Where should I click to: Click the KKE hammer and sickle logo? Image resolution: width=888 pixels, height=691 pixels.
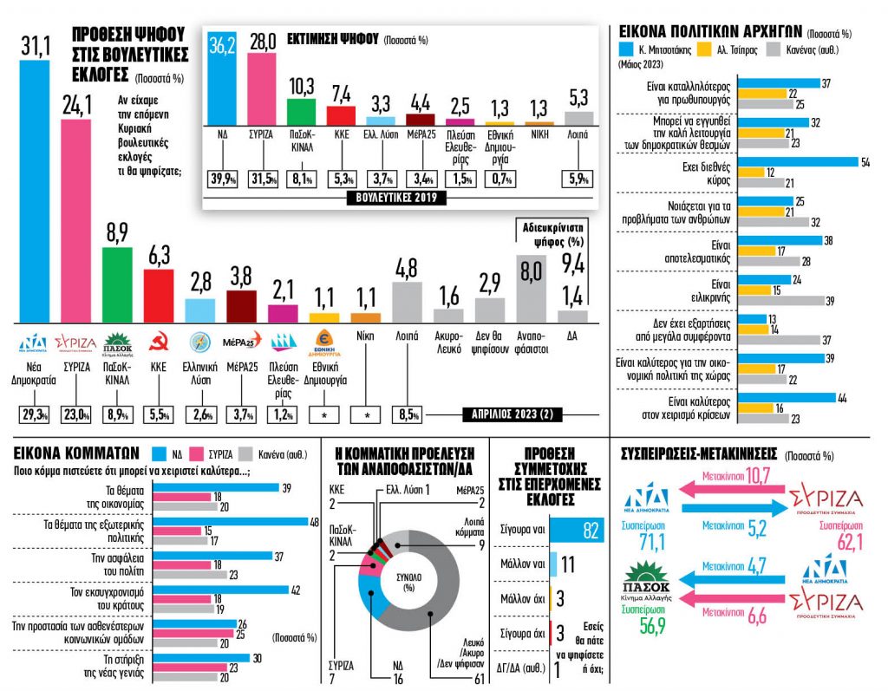pos(159,342)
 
